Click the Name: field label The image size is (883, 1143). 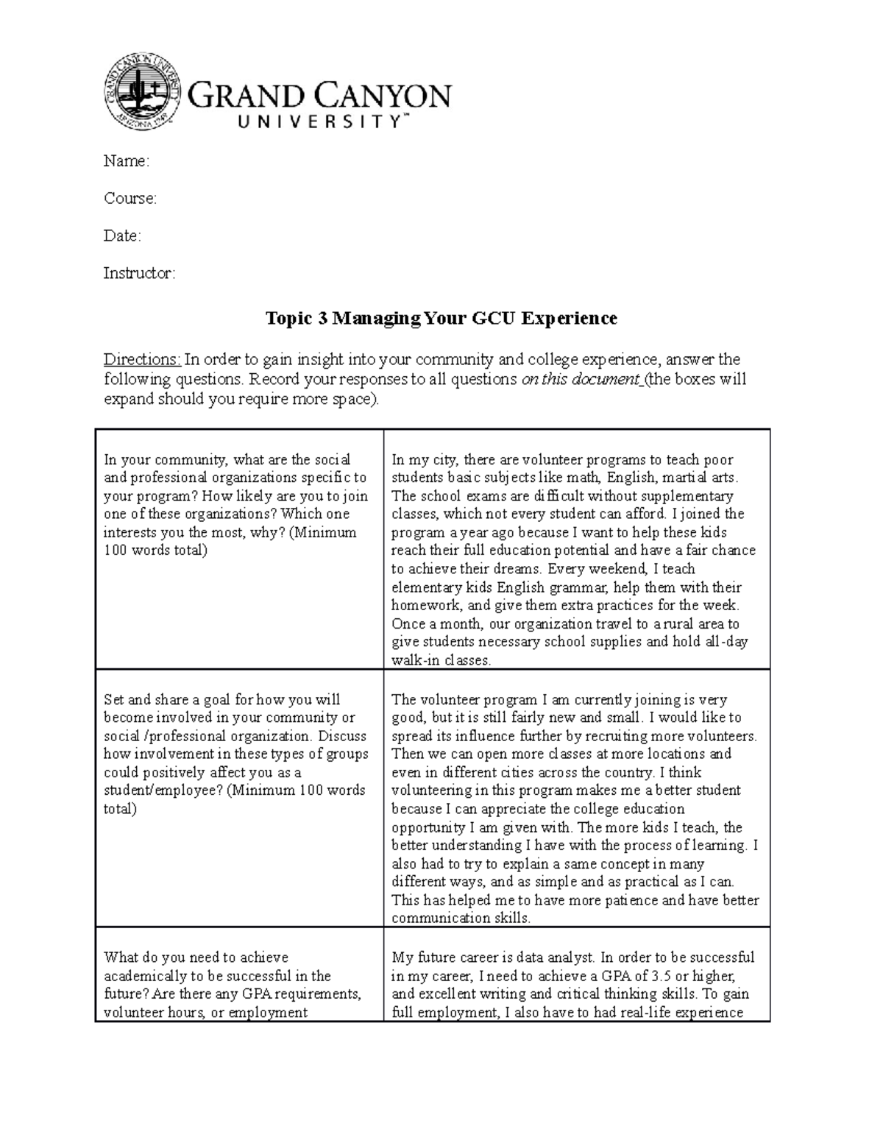(x=126, y=161)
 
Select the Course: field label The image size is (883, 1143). (x=130, y=199)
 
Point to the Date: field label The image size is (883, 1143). (x=122, y=236)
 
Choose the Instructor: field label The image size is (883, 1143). (x=139, y=274)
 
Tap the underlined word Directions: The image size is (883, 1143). (x=141, y=360)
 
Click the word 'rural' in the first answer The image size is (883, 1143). (x=683, y=624)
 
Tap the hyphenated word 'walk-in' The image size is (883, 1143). (x=415, y=660)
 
